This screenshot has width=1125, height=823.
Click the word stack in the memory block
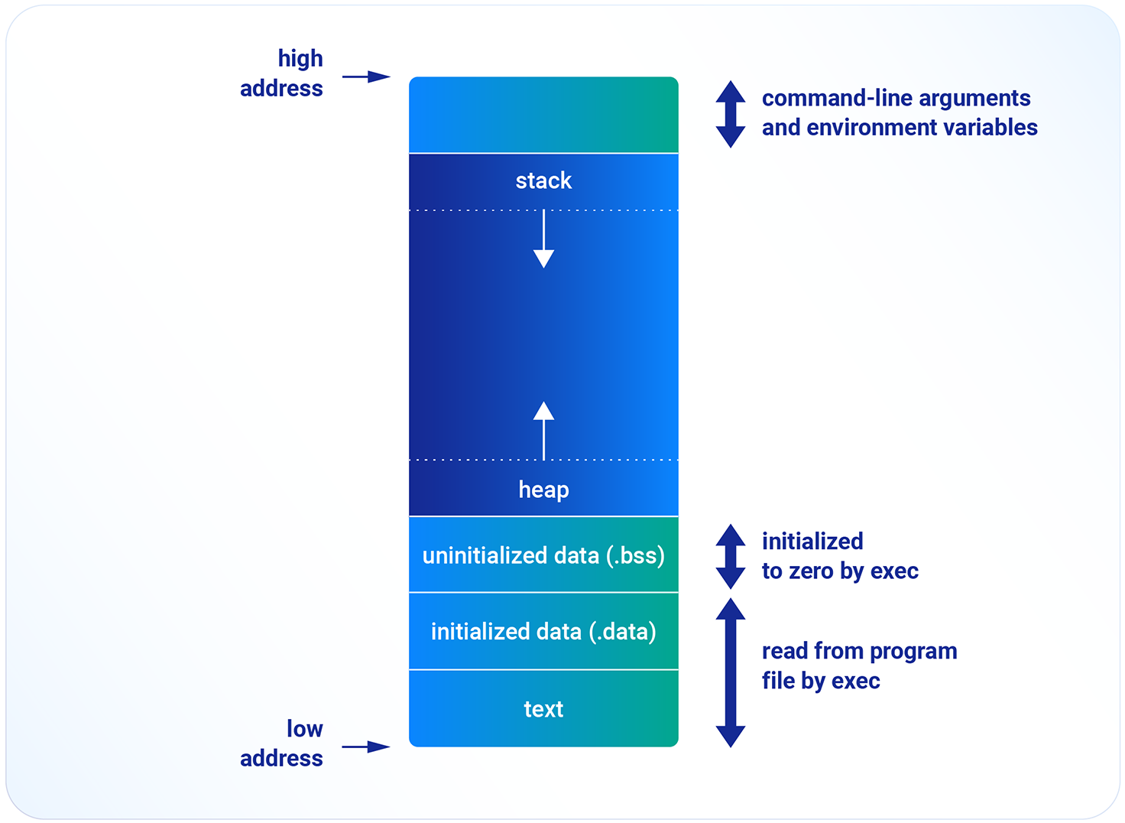[x=543, y=181]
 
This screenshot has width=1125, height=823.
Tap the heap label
[x=543, y=490]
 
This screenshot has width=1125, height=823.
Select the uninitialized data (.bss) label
[x=543, y=555]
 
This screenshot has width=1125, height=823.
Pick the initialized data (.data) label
[x=543, y=632]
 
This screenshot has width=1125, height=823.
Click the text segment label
[x=543, y=709]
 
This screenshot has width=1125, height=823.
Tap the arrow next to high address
[x=366, y=76]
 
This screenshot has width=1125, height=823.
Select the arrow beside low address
[x=366, y=747]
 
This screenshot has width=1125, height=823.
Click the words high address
[x=282, y=73]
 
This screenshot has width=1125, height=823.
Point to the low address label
[x=282, y=743]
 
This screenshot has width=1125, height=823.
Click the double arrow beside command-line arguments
[x=731, y=114]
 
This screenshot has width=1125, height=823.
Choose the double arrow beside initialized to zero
[x=731, y=556]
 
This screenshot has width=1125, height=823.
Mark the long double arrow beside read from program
[x=731, y=672]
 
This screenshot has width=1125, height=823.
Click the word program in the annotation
[x=913, y=651]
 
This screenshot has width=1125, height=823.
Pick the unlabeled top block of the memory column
[x=543, y=115]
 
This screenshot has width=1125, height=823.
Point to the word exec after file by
[x=857, y=681]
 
